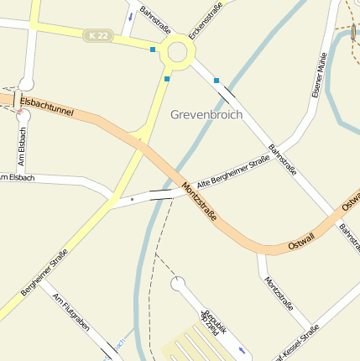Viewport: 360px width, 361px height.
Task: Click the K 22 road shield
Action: [96, 35]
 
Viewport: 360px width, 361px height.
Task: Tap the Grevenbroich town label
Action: [206, 113]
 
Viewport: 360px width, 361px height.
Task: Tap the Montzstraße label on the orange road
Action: [200, 201]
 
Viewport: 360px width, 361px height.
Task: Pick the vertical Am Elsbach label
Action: [22, 146]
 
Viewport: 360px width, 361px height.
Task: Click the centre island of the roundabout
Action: [179, 52]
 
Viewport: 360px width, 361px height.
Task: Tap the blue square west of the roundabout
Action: [152, 50]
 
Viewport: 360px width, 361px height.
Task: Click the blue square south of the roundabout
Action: [167, 79]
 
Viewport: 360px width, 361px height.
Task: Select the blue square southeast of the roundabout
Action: [217, 81]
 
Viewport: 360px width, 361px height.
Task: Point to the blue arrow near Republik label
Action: [243, 349]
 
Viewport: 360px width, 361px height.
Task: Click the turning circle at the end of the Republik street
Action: [179, 285]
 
